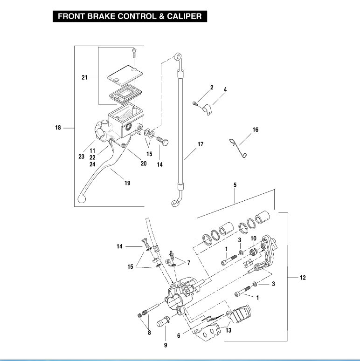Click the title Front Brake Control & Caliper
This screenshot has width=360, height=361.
[x=130, y=16]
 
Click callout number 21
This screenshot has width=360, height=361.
[x=84, y=77]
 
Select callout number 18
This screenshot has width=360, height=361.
[x=58, y=128]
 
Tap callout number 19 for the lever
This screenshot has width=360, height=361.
[x=127, y=183]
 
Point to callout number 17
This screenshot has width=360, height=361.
[x=201, y=144]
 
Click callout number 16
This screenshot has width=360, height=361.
[x=256, y=130]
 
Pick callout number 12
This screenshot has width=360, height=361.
[x=303, y=278]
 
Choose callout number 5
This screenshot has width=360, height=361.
[x=235, y=185]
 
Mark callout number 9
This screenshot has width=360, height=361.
[x=165, y=345]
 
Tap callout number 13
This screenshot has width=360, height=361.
[x=228, y=330]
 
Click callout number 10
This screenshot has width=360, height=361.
[x=253, y=239]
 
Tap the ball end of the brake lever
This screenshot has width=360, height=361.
[x=82, y=199]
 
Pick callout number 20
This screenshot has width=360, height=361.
[x=143, y=163]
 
